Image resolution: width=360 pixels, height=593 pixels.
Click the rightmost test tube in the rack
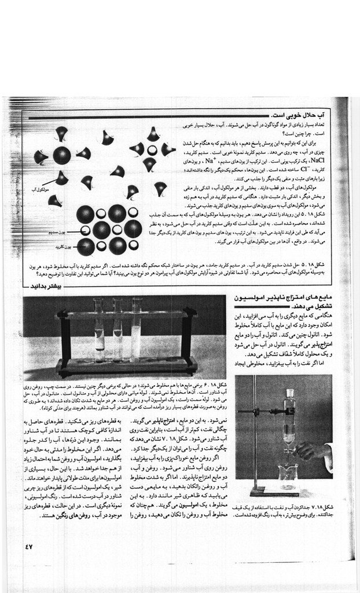click(137, 330)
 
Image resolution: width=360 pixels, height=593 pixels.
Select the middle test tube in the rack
click(118, 330)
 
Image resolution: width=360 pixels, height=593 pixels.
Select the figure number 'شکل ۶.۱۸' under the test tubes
click(214, 384)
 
